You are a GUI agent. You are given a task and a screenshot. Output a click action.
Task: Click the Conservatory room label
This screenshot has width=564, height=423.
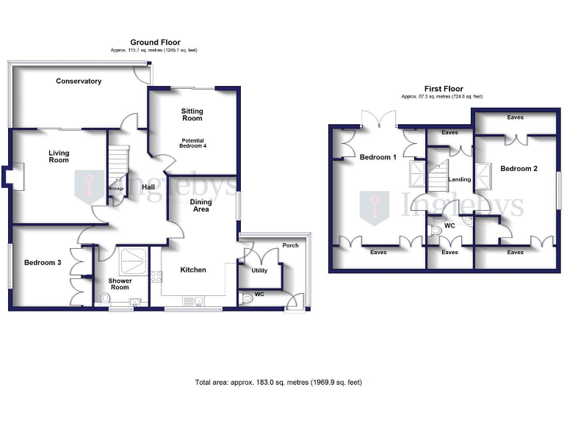point(79,82)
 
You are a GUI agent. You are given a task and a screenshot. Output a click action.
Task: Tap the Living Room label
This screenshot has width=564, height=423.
point(59,156)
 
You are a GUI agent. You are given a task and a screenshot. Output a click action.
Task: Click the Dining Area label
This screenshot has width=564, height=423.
point(200,206)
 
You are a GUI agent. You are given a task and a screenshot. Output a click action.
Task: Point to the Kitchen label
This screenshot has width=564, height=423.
point(193,270)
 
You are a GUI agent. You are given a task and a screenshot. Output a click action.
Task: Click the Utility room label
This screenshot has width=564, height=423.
point(259,270)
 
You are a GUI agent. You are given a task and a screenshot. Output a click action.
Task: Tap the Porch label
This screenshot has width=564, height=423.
point(290,245)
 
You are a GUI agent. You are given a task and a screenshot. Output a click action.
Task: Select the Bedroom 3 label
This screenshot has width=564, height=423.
point(42,263)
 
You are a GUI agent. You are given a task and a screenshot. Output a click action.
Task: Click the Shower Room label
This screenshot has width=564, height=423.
point(120,283)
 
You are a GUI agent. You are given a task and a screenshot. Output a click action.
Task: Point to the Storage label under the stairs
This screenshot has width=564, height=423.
point(116,189)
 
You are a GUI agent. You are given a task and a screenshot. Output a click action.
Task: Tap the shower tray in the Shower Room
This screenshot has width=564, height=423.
point(133,258)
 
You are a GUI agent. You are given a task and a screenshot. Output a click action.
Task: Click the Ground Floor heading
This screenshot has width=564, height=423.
point(155,43)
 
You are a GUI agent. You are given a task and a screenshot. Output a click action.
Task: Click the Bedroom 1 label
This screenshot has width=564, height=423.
point(377,157)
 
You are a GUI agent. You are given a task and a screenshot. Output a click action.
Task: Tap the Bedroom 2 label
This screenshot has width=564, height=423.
point(518,169)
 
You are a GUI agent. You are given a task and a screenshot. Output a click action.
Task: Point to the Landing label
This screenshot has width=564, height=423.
point(460,179)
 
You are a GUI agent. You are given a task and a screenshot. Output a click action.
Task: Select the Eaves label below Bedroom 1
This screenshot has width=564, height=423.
point(378,252)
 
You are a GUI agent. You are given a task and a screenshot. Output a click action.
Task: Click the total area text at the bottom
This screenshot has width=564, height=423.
point(278,383)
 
